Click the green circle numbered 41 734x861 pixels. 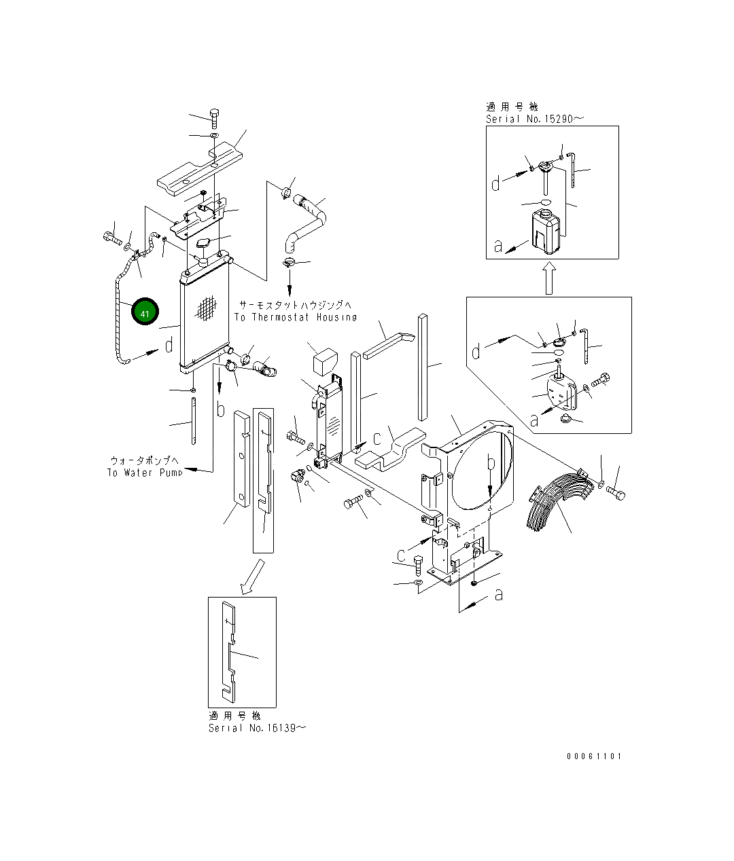click(x=145, y=312)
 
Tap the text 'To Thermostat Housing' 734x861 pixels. click(x=295, y=317)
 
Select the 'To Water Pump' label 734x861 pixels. click(x=144, y=473)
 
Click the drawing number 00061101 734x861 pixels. click(x=593, y=756)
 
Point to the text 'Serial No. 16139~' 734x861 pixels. click(x=257, y=728)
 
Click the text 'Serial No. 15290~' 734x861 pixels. click(x=534, y=119)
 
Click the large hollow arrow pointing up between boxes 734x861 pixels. click(x=549, y=278)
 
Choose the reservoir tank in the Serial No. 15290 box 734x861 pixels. click(x=545, y=231)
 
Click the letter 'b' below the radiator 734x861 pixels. click(x=220, y=409)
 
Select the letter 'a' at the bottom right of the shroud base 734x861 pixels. click(x=499, y=594)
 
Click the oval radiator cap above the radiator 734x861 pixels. click(x=203, y=244)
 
